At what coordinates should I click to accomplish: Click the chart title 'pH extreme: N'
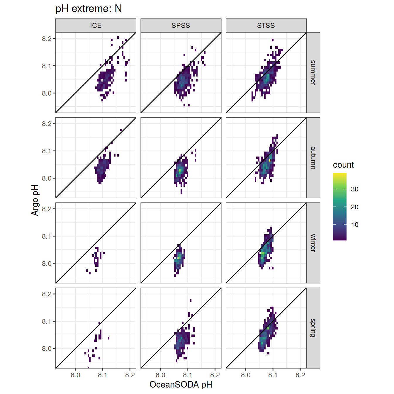coord(89,9)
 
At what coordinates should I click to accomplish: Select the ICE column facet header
coord(96,26)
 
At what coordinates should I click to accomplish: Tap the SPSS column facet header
coord(181,26)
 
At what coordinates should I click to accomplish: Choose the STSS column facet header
coord(266,26)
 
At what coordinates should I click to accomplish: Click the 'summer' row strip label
coord(313,72)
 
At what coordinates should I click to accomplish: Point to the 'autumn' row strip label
coord(313,158)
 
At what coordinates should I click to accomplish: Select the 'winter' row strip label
coord(313,243)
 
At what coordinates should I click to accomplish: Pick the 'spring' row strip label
coord(313,328)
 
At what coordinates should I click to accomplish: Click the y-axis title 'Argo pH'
coord(35,200)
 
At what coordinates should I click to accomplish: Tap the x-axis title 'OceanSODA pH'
coord(181,385)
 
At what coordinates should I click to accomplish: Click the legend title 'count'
coord(343,165)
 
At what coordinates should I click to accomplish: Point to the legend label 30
coord(355,189)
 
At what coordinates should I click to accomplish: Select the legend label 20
coord(355,207)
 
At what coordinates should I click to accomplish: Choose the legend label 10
coord(355,225)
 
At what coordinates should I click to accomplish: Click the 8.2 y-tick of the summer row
coord(47,39)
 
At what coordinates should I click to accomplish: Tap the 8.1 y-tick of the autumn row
coord(47,151)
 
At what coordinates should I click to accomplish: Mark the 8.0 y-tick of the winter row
coord(47,264)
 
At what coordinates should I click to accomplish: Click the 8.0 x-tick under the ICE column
coord(75,375)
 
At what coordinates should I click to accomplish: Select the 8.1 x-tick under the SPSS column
coord(188,375)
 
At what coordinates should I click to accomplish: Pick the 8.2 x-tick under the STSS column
coord(300,375)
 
